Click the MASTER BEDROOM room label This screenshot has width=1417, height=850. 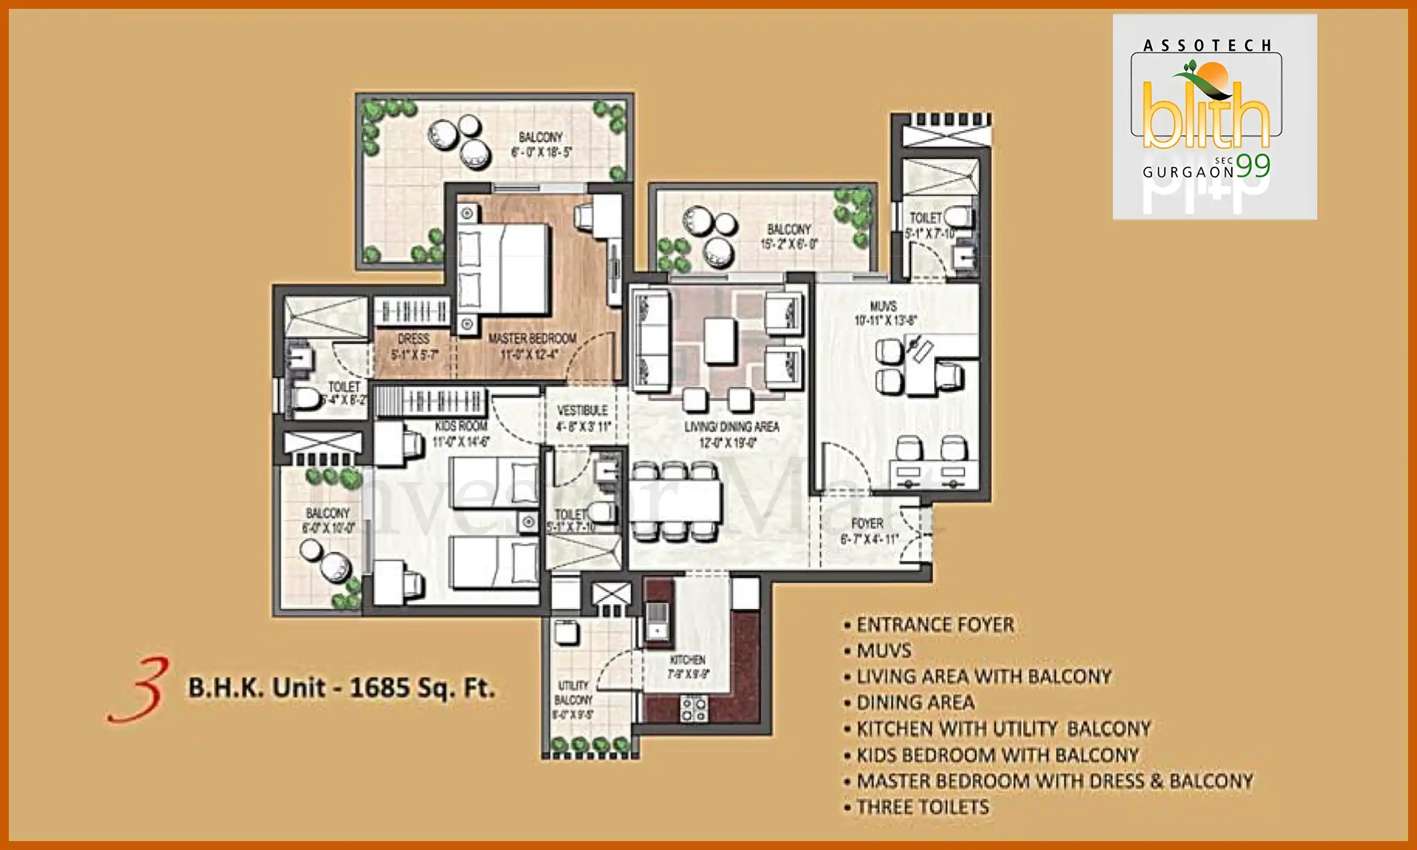click(x=532, y=339)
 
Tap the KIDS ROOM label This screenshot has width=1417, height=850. click(x=461, y=426)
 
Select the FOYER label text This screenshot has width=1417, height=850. click(x=867, y=524)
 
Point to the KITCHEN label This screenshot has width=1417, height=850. click(x=687, y=660)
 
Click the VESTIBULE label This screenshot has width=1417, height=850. click(x=582, y=410)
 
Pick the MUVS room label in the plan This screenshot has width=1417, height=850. click(x=883, y=306)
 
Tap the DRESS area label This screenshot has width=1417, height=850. click(x=413, y=339)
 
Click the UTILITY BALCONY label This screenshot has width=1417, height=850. click(x=573, y=692)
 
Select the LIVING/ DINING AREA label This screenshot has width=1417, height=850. click(x=732, y=427)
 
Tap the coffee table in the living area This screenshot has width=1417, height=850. click(x=720, y=340)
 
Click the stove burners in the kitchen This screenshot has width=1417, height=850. click(x=693, y=709)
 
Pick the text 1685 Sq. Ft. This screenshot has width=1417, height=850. click(x=422, y=688)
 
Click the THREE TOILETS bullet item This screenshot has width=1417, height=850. click(x=922, y=807)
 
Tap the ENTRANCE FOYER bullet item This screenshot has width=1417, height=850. click(x=935, y=625)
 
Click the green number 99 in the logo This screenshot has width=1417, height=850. click(x=1253, y=166)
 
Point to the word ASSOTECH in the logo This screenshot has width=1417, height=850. click(x=1207, y=46)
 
